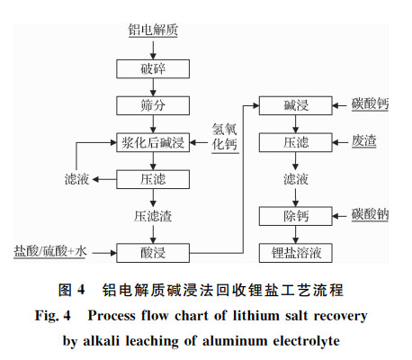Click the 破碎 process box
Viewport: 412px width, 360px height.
pos(153,68)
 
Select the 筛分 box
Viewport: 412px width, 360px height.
pos(153,105)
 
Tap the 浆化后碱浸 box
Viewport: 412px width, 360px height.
pos(153,142)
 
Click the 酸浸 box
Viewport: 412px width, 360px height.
pos(153,253)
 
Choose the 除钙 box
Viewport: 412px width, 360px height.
pos(296,216)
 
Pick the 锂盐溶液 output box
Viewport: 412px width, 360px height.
pos(296,253)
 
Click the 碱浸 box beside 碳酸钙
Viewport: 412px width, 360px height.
pos(296,105)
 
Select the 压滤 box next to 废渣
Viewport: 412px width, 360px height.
pos(296,142)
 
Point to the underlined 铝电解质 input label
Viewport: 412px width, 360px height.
pos(153,30)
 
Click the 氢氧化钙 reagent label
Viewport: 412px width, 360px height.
pos(225,137)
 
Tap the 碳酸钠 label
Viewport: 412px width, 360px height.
pos(370,215)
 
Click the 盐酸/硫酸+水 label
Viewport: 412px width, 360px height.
pos(50,251)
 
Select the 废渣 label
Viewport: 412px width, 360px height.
pos(364,141)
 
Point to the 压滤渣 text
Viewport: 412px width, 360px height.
pos(153,216)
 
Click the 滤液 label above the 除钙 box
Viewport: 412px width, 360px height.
pos(296,179)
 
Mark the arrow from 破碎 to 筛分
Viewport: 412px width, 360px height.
pos(153,87)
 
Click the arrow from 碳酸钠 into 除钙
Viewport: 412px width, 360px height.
pos(339,216)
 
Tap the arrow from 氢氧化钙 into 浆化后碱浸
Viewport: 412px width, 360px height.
pos(198,142)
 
